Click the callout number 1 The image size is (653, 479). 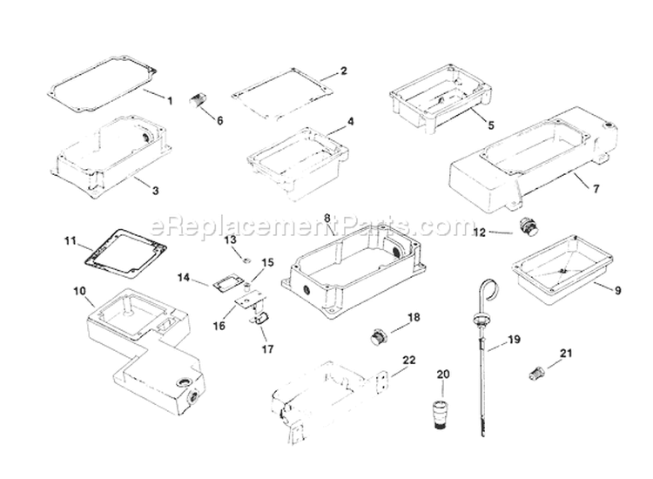point(170,101)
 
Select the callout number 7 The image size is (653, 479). point(596,188)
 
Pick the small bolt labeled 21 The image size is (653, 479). point(537,373)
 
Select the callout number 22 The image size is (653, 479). point(408,360)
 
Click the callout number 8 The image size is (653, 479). point(327,217)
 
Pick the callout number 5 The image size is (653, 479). point(490,125)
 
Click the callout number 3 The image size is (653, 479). point(154,190)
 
